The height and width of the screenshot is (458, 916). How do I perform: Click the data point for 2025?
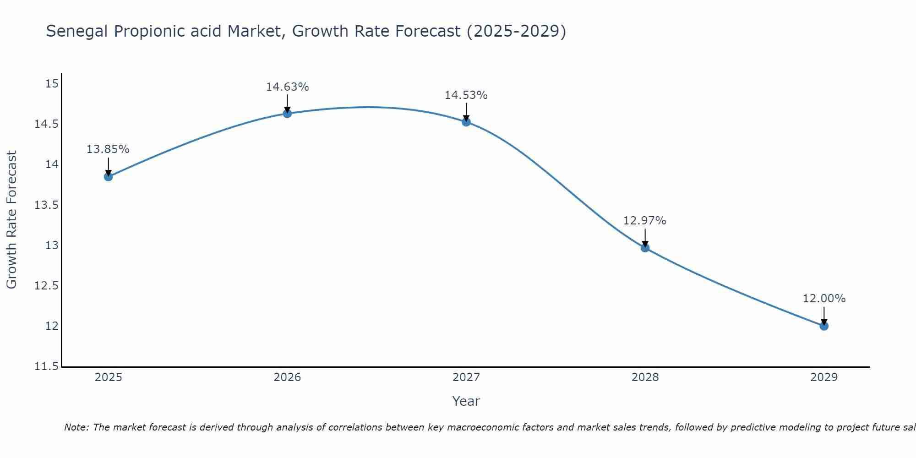(x=108, y=177)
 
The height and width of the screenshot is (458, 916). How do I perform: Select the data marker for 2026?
(x=287, y=114)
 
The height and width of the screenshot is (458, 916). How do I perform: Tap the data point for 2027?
(x=466, y=122)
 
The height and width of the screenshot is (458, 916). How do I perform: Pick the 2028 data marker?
(x=645, y=248)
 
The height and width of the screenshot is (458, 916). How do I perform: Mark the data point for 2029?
(x=824, y=326)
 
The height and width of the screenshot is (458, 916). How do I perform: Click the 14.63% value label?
(x=287, y=87)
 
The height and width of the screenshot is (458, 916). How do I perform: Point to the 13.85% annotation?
(x=108, y=149)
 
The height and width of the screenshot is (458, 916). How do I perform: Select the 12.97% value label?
(x=644, y=221)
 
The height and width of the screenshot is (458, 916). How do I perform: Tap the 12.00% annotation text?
(x=824, y=299)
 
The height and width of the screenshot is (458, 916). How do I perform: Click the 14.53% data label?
(x=466, y=95)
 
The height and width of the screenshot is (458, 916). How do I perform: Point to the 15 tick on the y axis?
(x=52, y=84)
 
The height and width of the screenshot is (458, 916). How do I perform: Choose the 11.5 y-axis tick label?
(x=46, y=366)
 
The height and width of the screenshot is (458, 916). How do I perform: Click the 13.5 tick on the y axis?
(x=46, y=205)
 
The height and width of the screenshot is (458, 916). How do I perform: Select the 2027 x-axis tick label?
(x=466, y=377)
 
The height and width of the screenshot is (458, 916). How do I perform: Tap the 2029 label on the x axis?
(x=824, y=377)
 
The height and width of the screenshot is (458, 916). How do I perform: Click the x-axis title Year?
(x=466, y=401)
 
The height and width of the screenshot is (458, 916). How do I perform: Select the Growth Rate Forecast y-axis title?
(x=11, y=220)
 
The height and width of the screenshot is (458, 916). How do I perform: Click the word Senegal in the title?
(x=77, y=32)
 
